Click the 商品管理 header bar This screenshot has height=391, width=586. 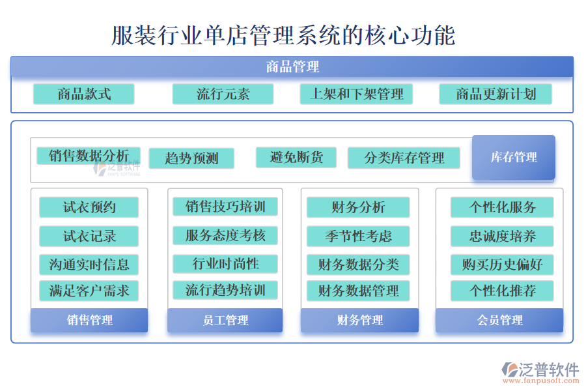[x=292, y=66]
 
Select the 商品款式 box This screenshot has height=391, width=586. [x=84, y=94]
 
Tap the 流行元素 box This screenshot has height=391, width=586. [x=223, y=94]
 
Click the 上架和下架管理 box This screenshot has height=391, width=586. [x=356, y=94]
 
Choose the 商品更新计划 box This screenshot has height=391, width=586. [x=495, y=94]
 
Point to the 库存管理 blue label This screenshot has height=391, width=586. [x=514, y=157]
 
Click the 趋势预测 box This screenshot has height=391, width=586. [x=191, y=158]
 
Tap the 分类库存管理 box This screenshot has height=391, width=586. [x=404, y=158]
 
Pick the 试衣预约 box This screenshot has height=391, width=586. [x=89, y=207]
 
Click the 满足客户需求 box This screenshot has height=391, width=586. [x=89, y=291]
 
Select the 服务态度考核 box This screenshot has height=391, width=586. [x=225, y=235]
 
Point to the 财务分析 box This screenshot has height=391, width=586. [x=358, y=207]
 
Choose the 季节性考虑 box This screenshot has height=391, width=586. [x=358, y=236]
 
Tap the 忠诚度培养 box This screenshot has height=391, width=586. [x=502, y=236]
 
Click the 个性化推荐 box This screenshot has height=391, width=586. [x=502, y=291]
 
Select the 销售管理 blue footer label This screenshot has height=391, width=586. [x=89, y=320]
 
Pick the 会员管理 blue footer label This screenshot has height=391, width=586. [x=499, y=320]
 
